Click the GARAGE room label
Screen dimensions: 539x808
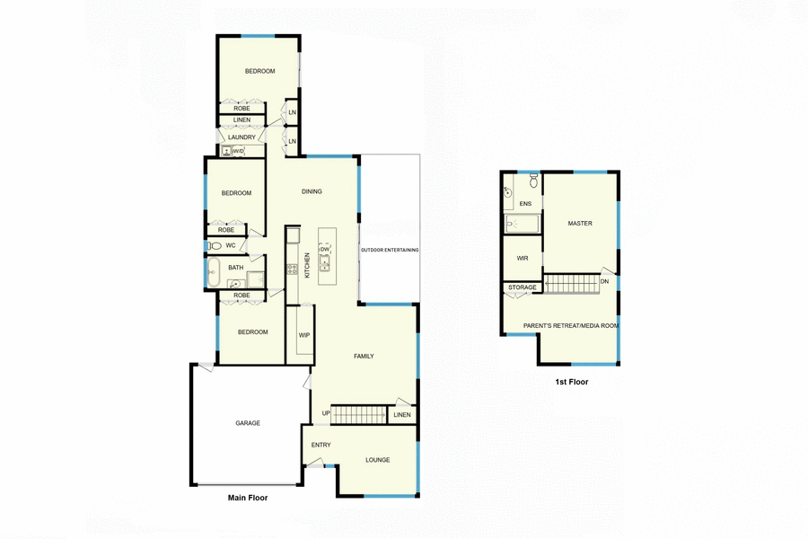(x=248, y=423)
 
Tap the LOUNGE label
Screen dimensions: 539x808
(x=377, y=460)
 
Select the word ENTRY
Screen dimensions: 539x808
(x=321, y=445)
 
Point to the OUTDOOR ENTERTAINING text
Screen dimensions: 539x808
(x=390, y=250)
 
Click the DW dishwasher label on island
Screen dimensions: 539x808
(x=325, y=249)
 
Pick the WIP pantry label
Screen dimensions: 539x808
(x=304, y=335)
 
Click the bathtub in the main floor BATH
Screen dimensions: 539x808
(x=213, y=273)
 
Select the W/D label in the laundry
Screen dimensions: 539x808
(x=238, y=151)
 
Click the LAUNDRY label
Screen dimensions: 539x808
(x=242, y=137)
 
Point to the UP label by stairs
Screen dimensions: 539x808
(x=326, y=413)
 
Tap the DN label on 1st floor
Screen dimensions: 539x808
(x=604, y=281)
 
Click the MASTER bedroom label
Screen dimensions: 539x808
(x=580, y=223)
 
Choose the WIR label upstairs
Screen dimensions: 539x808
(x=523, y=258)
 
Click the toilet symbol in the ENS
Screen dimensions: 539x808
(x=533, y=182)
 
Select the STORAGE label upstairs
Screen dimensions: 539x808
(x=522, y=287)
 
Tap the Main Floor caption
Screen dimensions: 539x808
(x=247, y=497)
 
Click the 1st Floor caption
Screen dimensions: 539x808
(x=571, y=382)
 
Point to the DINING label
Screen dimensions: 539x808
(x=312, y=191)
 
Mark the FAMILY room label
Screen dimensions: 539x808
(x=363, y=357)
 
